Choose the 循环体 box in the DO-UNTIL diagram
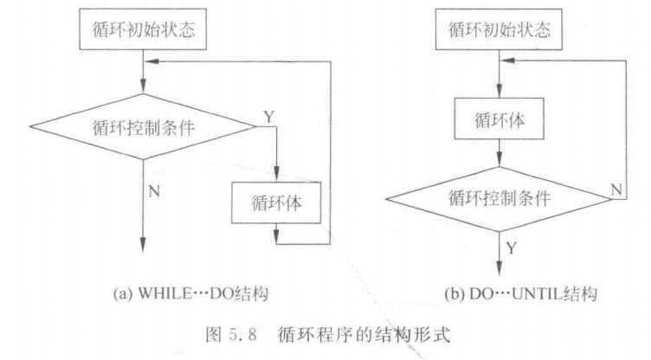[x=500, y=124]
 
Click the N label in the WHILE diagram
[x=154, y=191]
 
